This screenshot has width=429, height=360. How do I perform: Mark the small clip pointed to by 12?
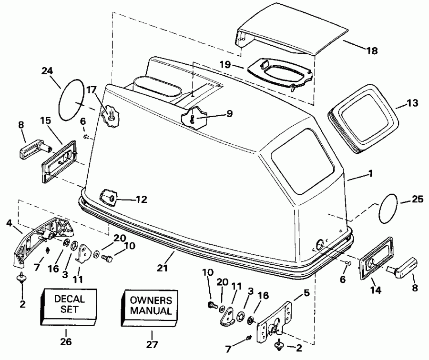click(x=108, y=196)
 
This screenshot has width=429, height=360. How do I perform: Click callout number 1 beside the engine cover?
click(x=370, y=174)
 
